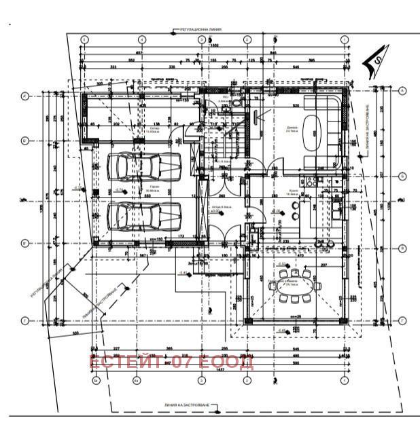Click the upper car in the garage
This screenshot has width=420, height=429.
(x=143, y=166)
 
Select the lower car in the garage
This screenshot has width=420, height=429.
(x=143, y=216)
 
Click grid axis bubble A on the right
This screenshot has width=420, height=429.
(x=402, y=92)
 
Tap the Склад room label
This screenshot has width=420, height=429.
(x=151, y=131)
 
